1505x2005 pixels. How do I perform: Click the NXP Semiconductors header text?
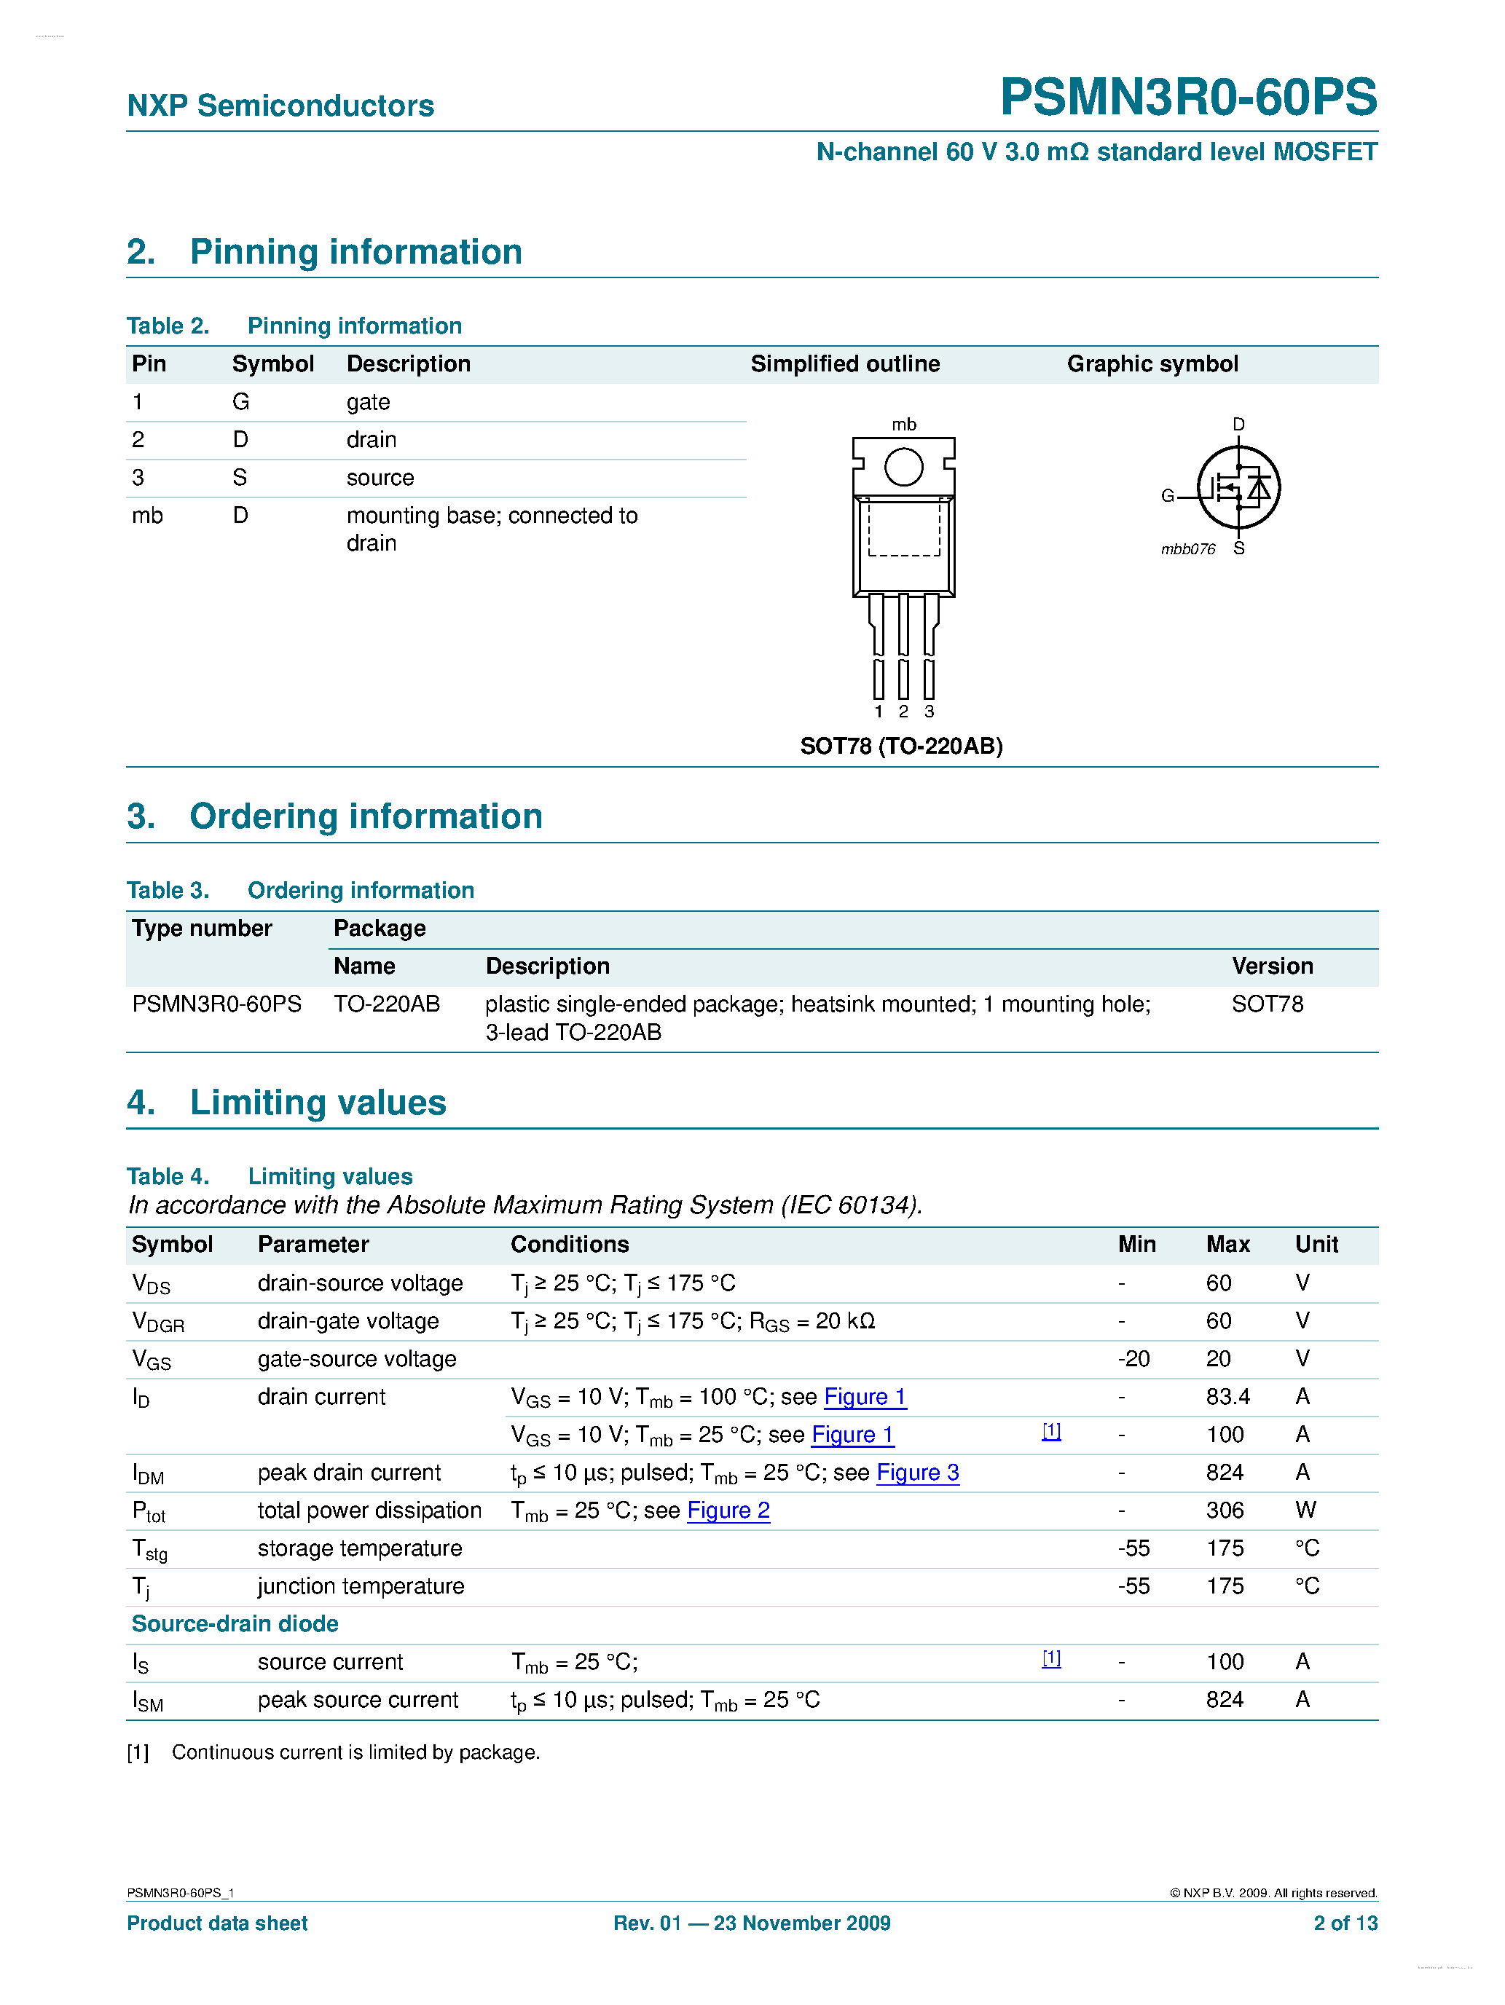[280, 106]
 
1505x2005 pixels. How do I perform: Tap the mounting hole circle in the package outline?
[903, 468]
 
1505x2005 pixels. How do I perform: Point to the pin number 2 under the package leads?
[903, 712]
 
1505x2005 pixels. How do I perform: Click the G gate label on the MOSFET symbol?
[1168, 496]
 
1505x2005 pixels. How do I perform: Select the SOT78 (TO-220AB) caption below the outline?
[901, 746]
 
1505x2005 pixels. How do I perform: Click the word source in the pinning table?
[380, 478]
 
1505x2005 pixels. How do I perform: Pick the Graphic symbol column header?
[1152, 364]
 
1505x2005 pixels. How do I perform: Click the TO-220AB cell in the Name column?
[387, 1004]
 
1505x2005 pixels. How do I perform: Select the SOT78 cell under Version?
[1267, 1004]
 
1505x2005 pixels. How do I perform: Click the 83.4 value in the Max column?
[1227, 1397]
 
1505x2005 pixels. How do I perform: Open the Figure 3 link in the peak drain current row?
[918, 1473]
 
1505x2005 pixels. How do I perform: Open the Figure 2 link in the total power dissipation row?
[728, 1511]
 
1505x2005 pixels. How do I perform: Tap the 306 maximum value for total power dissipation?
[1225, 1510]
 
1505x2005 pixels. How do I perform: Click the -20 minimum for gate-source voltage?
[1133, 1359]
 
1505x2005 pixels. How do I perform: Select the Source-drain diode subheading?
[235, 1624]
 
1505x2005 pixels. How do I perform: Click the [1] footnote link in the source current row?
[1050, 1659]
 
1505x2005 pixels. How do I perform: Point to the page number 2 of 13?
[1345, 1923]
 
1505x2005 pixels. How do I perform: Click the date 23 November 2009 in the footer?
[801, 1923]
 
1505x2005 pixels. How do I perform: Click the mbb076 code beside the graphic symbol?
[1187, 549]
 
